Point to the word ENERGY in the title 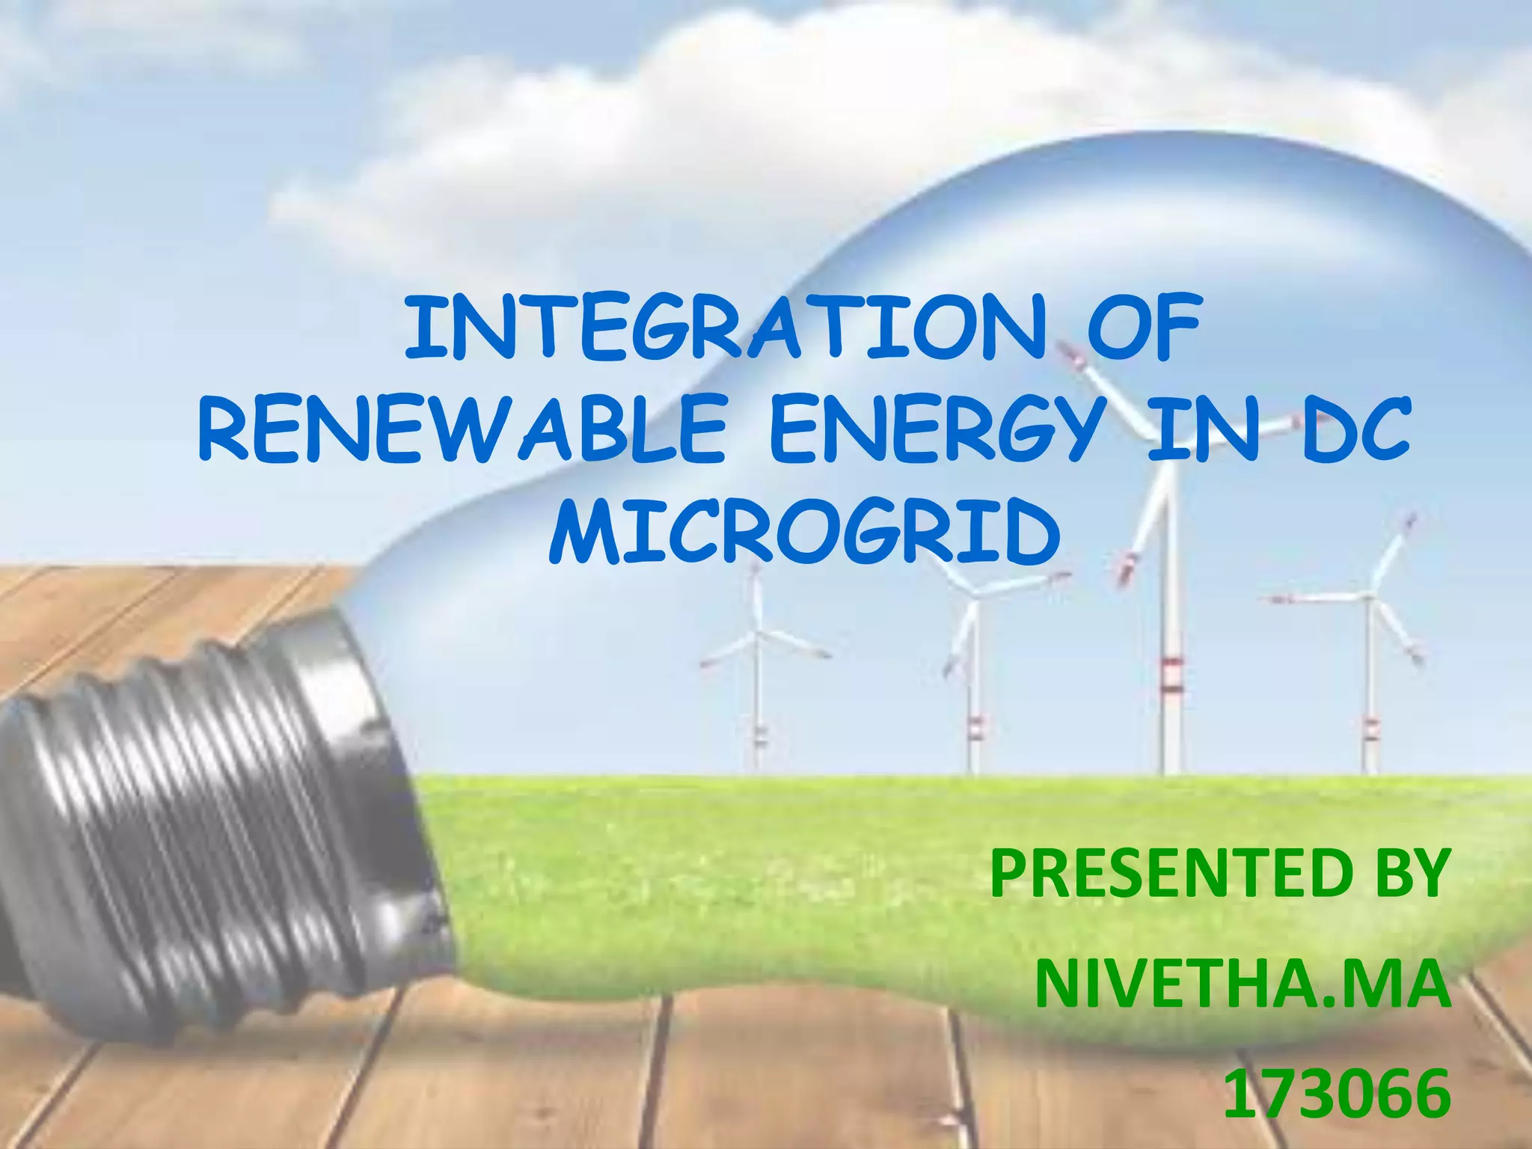936,431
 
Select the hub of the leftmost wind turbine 758,635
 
